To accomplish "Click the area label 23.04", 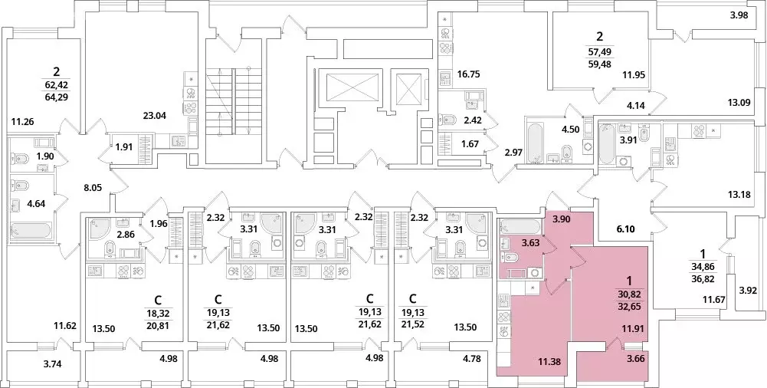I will [156, 117].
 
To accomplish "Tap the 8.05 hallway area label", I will [92, 186].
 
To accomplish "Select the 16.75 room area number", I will [467, 75].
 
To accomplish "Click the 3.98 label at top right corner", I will [739, 15].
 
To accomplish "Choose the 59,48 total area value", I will [600, 64].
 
